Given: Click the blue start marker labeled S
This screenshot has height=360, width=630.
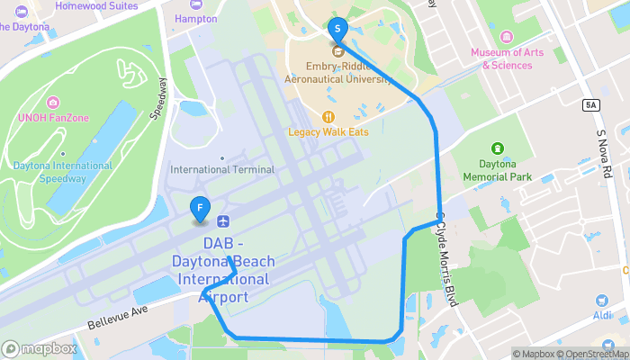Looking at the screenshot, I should [x=337, y=29].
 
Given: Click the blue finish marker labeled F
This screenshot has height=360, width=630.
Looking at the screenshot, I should [x=199, y=209].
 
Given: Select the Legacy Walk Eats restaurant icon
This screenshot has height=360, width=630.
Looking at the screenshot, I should [x=328, y=116].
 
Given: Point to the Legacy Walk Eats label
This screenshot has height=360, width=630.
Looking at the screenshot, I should [x=328, y=132].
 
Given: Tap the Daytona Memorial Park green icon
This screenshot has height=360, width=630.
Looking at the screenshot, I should [x=497, y=148].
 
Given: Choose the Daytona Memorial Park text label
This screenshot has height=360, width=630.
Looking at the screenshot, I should [x=497, y=171].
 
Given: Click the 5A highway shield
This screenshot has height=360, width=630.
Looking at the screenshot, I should [x=590, y=105].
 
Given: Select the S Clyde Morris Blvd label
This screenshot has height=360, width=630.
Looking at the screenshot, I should [x=448, y=261].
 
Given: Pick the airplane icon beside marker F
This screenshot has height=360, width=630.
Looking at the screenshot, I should [x=223, y=221].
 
